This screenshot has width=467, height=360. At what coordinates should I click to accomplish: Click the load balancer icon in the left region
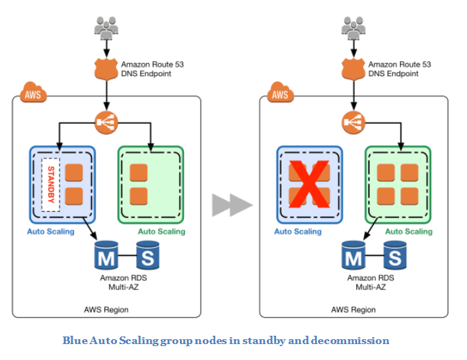pos(107,123)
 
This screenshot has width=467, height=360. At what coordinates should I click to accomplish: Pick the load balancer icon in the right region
pos(353,123)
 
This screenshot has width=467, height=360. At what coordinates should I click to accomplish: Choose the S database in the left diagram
pos(148,256)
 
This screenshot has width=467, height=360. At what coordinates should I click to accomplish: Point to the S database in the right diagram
pos(395,256)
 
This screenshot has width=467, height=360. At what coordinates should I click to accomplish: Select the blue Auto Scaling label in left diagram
pos(51,231)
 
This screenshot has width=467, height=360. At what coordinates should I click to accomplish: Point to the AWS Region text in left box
pos(107,309)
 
